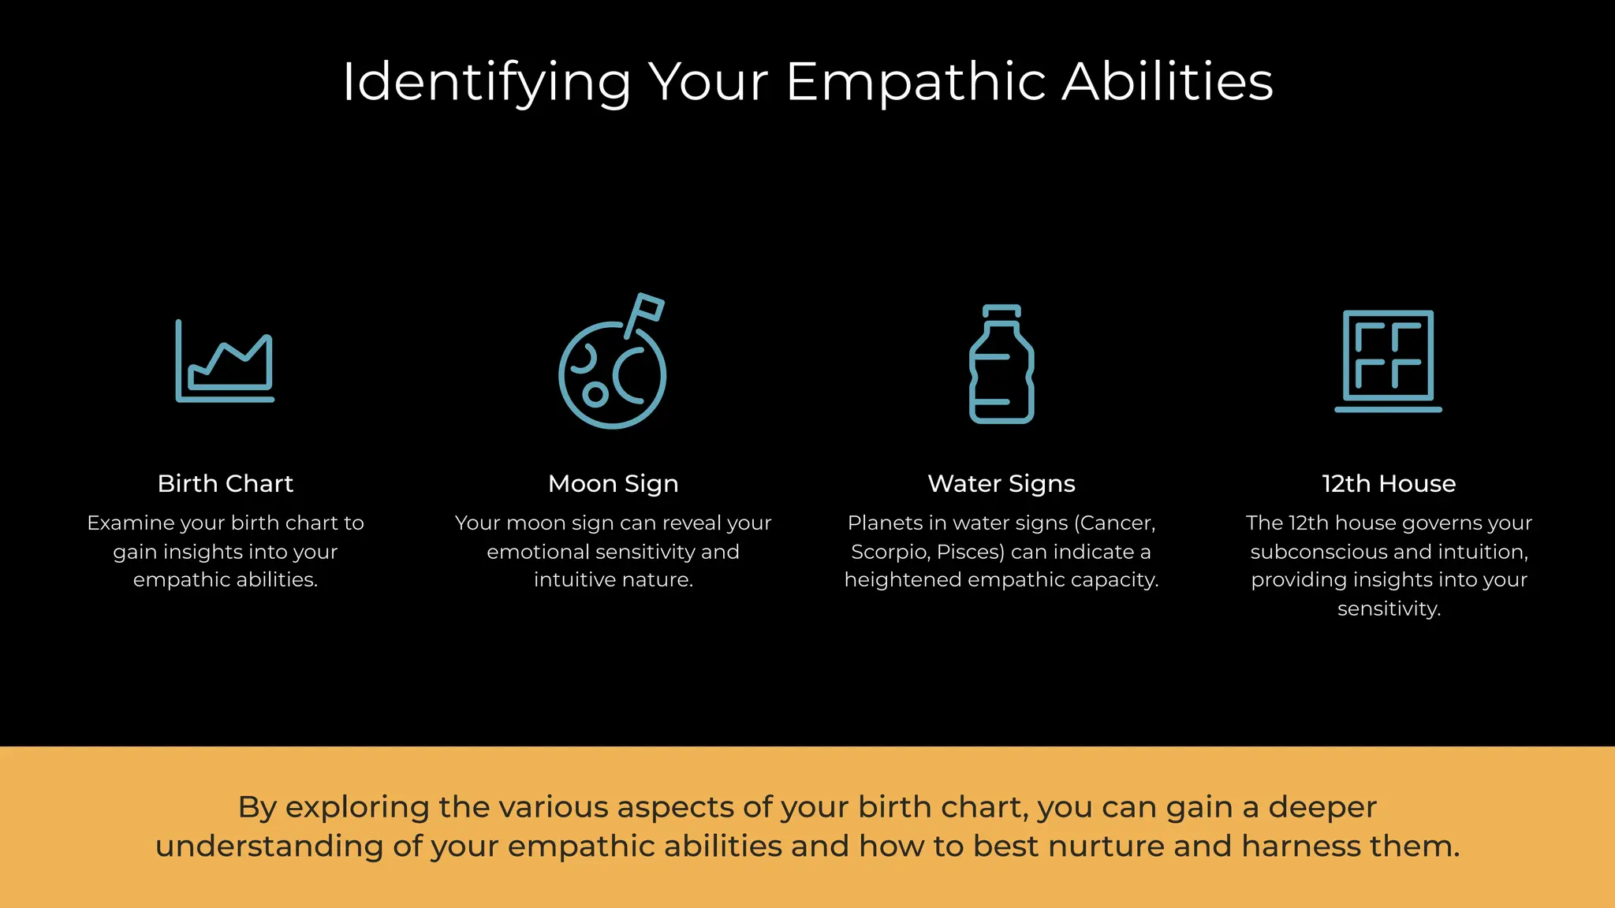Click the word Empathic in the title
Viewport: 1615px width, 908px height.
point(915,82)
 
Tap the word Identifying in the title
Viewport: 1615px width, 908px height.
point(486,82)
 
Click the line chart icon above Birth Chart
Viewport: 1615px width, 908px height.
point(225,362)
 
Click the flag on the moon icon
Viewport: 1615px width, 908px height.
point(650,307)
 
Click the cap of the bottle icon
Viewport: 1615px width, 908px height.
point(1001,311)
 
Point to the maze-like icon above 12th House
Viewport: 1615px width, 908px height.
point(1388,359)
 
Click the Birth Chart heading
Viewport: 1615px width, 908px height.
point(225,483)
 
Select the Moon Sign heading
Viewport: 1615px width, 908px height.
point(613,483)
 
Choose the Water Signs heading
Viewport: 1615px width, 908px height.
point(1001,483)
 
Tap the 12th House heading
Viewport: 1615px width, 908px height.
point(1389,483)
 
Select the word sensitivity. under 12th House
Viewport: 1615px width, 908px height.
point(1389,608)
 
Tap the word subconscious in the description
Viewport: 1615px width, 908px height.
point(1312,552)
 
